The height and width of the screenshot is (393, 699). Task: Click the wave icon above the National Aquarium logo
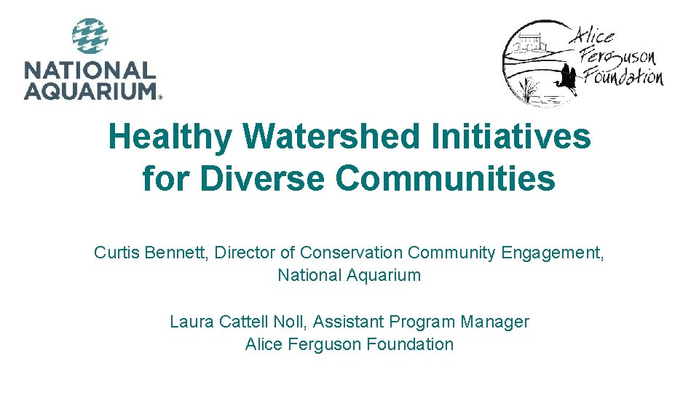(90, 36)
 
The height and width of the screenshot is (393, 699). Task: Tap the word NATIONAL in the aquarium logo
(90, 71)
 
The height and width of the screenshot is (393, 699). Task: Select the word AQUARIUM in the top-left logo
(90, 90)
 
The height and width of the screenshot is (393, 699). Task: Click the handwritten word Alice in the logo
(593, 34)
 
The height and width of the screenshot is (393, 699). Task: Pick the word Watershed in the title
(333, 137)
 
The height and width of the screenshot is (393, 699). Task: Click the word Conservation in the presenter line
(351, 253)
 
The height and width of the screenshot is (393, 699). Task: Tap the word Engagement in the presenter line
(551, 253)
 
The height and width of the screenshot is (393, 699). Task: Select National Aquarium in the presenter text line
(349, 275)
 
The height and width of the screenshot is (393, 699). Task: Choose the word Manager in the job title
(494, 322)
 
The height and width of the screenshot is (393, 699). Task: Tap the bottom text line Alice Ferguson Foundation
(349, 344)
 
